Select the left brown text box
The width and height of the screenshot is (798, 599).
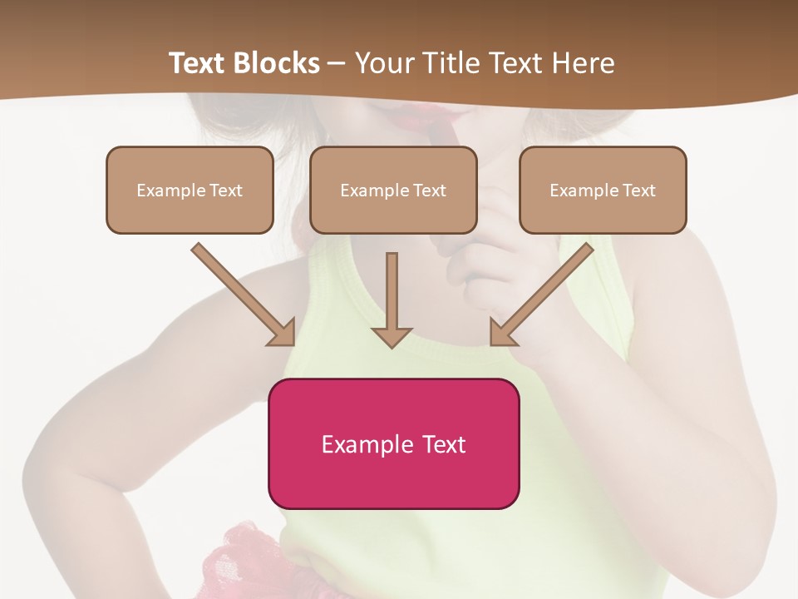(x=190, y=190)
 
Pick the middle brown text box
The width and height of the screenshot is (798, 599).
(x=393, y=190)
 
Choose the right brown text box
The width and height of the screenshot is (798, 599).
(x=603, y=190)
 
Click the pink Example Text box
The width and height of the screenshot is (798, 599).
(x=393, y=443)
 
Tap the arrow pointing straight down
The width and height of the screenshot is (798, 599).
(x=392, y=299)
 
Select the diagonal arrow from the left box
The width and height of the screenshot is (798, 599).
(x=244, y=295)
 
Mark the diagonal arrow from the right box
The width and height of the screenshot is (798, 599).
(x=542, y=295)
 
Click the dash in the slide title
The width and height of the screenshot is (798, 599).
(x=337, y=64)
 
